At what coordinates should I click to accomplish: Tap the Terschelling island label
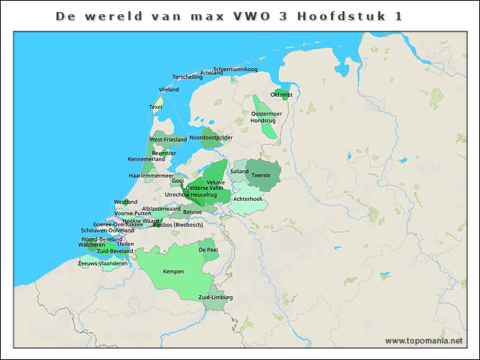click(x=187, y=76)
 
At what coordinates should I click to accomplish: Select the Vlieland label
click(x=169, y=89)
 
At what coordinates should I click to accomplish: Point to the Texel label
click(x=156, y=106)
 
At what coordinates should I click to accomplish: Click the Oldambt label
click(x=281, y=94)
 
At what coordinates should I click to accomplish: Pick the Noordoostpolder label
click(x=211, y=138)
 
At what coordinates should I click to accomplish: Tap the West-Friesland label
click(x=168, y=139)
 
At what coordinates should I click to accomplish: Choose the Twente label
click(x=261, y=175)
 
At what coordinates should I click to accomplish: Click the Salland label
click(x=239, y=171)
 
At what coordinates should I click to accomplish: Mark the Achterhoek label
click(x=247, y=199)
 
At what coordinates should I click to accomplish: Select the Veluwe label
click(x=215, y=182)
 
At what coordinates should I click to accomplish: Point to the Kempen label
click(x=173, y=271)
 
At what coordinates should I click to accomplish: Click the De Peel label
click(x=208, y=248)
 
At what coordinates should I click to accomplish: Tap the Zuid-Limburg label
click(x=215, y=298)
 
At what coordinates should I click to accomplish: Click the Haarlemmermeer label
click(x=146, y=175)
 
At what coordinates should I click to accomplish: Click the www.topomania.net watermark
click(x=424, y=340)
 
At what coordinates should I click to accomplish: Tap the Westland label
click(x=125, y=202)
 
